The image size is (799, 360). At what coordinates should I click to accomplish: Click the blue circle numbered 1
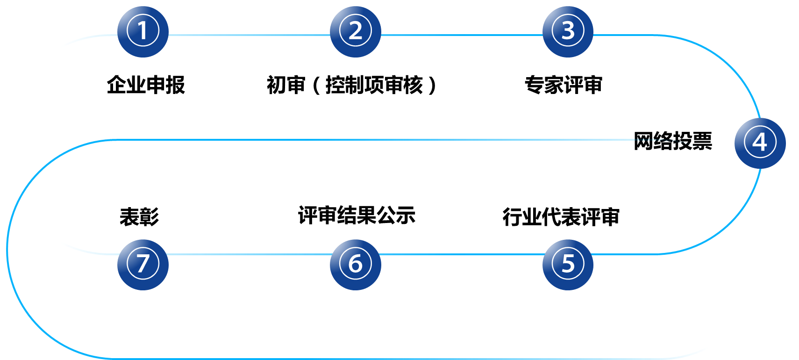(143, 32)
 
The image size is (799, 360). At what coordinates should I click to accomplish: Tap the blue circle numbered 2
(356, 32)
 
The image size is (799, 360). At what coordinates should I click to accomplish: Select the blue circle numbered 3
(568, 32)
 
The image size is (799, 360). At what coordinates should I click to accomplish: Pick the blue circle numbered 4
(760, 143)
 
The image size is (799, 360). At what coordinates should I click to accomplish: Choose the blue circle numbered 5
(568, 265)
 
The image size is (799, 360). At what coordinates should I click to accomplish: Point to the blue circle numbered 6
(356, 265)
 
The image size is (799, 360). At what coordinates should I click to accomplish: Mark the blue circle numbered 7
(143, 265)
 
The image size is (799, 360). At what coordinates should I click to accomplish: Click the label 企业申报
(146, 85)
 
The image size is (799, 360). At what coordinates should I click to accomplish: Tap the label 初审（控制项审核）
(351, 85)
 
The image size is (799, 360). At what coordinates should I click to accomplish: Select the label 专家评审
(564, 85)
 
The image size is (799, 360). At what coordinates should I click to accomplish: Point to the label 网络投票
(672, 141)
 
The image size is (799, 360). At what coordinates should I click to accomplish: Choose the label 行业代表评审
(561, 217)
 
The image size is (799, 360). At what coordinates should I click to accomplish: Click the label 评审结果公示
(357, 215)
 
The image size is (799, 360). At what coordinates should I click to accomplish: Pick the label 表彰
(139, 217)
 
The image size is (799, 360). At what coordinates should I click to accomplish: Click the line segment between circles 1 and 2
(249, 35)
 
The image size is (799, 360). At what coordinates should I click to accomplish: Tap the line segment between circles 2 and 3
(462, 35)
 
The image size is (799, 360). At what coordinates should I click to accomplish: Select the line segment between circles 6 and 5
(462, 254)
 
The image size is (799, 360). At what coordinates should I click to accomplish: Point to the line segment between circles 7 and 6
(249, 254)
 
